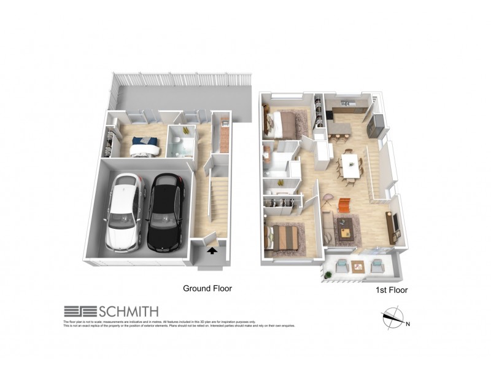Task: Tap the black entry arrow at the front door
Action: point(212,250)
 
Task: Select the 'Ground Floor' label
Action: point(207,288)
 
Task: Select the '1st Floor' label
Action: point(390,289)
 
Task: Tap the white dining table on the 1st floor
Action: point(350,164)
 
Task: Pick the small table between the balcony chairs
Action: point(358,266)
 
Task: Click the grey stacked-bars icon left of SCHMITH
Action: point(77,312)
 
